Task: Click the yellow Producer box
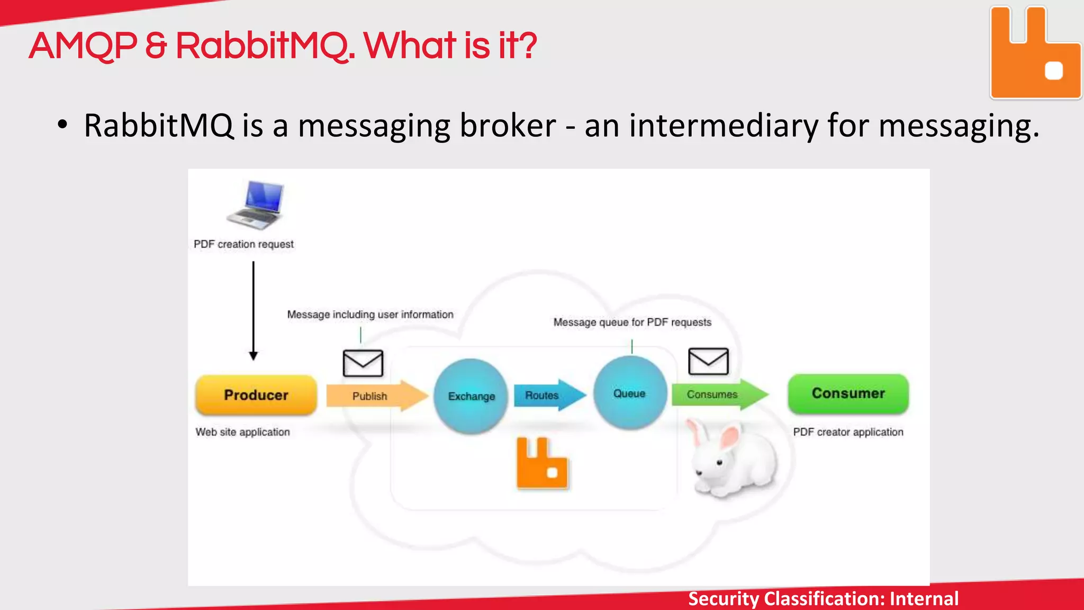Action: [256, 395]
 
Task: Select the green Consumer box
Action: [848, 393]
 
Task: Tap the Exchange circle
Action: [471, 396]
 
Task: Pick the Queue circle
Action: [630, 393]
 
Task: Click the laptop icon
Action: [257, 205]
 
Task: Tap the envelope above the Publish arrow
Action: [363, 363]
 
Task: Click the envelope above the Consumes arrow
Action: [708, 361]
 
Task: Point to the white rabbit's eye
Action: [719, 463]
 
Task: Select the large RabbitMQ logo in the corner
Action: [1035, 53]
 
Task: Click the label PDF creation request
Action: [243, 244]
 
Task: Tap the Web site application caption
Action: [242, 432]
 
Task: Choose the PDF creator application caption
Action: [848, 432]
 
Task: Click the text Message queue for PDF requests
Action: [632, 322]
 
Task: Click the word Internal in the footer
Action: [924, 598]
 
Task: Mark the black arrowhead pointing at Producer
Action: [254, 356]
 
